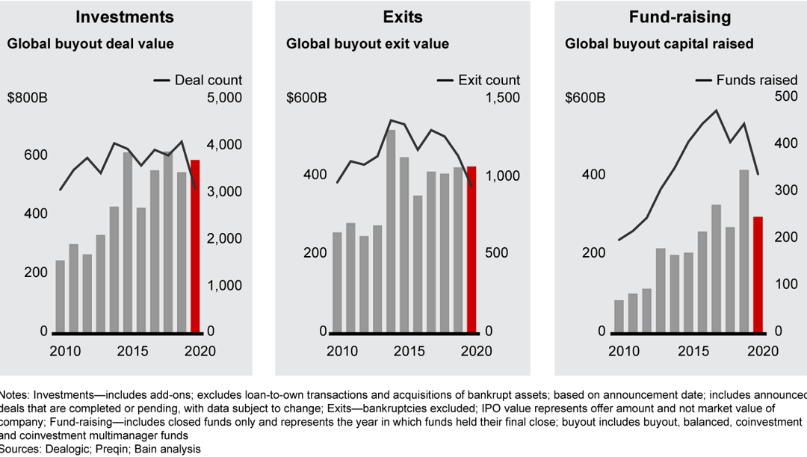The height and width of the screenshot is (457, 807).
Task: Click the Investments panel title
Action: click(125, 16)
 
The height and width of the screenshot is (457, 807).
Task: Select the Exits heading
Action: click(403, 16)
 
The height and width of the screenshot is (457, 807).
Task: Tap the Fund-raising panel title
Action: click(681, 16)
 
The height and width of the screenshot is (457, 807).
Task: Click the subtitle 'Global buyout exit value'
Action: click(368, 44)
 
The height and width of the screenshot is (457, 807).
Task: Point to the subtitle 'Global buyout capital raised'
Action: click(659, 44)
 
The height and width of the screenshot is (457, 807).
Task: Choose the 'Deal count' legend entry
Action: click(198, 80)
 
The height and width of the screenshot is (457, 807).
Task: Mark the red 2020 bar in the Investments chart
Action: click(195, 246)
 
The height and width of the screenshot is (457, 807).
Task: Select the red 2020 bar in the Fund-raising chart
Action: click(757, 274)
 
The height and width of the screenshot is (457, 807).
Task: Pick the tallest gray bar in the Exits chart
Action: click(391, 231)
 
